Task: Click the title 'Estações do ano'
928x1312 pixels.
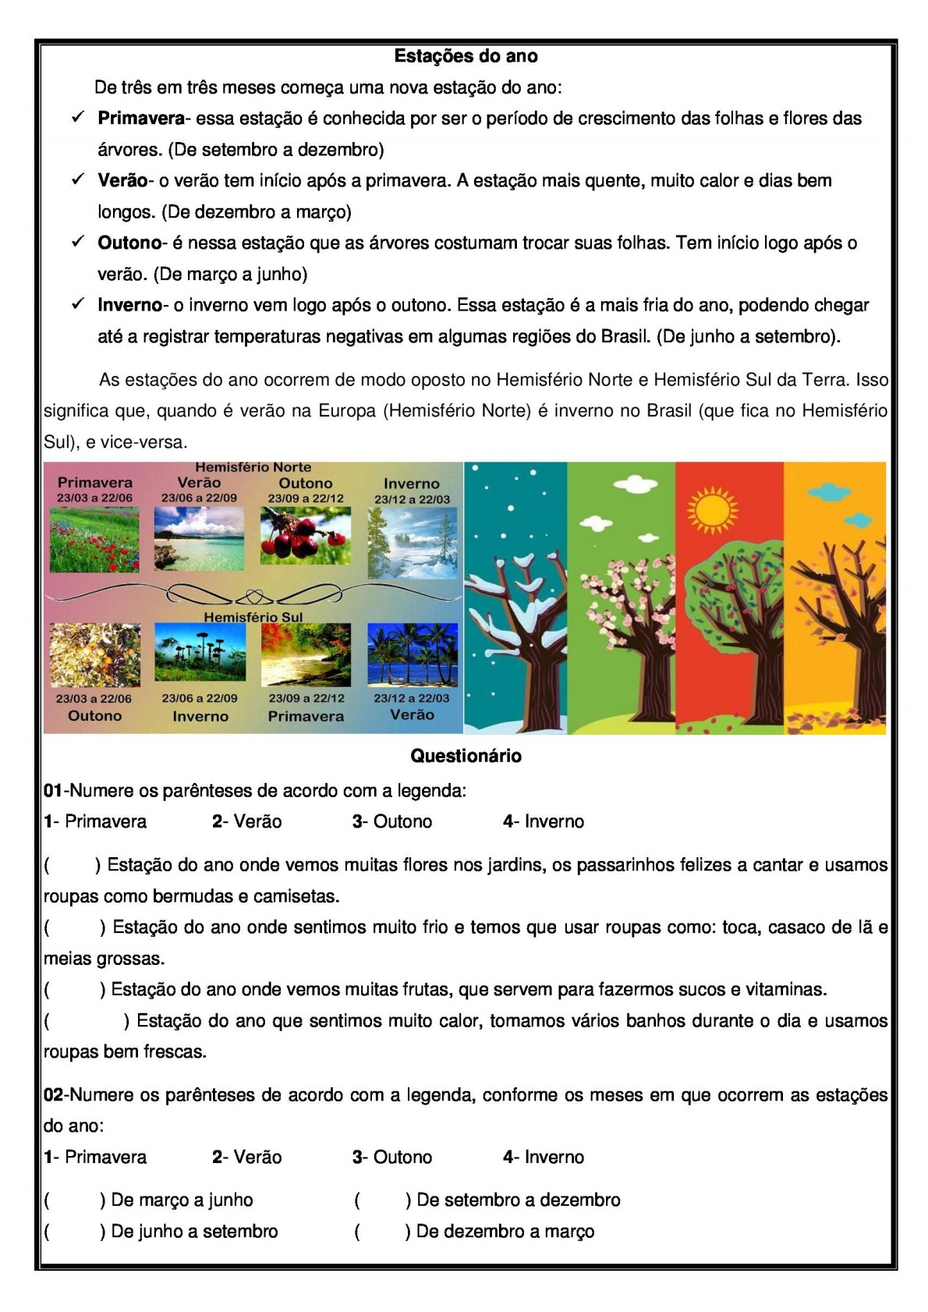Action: coord(466,56)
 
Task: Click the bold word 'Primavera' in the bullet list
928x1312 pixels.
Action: coord(141,119)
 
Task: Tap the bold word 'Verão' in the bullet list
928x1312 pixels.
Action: coord(122,181)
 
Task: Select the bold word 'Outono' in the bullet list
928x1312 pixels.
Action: coord(129,243)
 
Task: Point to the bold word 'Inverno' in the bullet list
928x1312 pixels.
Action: coord(129,306)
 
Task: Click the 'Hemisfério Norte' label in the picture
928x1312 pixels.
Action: coord(253,467)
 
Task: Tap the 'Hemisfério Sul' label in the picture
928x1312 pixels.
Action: coord(253,617)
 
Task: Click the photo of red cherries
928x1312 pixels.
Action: coord(305,536)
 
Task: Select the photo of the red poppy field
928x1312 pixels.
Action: coord(94,539)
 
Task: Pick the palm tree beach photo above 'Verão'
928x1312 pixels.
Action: coord(412,654)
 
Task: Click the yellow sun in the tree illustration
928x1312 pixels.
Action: coord(712,509)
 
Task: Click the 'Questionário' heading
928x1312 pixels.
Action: coord(466,756)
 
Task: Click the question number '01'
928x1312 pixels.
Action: coord(53,791)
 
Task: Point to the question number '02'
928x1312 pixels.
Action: coord(53,1095)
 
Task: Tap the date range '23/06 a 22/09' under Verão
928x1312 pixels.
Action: coord(199,498)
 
